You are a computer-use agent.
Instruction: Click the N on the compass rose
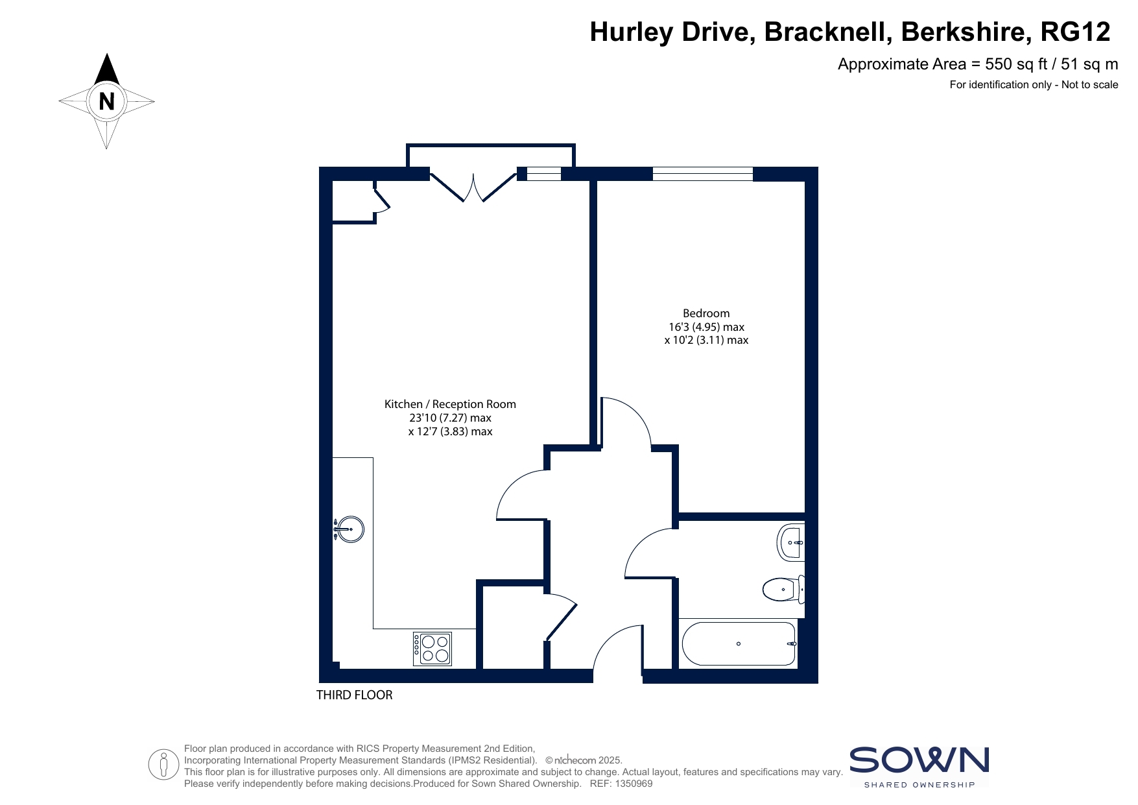pos(106,101)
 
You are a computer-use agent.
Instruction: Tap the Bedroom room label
pos(706,313)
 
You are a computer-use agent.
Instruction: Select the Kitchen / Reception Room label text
pos(450,404)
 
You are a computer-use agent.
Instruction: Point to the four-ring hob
pos(433,649)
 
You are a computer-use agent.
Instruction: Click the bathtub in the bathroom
pos(739,643)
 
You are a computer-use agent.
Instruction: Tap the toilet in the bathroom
pos(783,590)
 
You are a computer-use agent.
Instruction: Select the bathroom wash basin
pos(790,542)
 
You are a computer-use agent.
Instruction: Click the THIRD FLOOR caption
pos(354,695)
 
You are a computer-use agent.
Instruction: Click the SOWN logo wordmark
pos(919,760)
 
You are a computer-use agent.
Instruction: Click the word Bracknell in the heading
pos(827,32)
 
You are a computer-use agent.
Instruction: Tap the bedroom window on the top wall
pos(703,174)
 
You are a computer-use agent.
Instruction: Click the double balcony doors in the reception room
pos(473,187)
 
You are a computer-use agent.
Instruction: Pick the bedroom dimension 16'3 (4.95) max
pos(706,327)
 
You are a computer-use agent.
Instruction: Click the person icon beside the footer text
pos(163,765)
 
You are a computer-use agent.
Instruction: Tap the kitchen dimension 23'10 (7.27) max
pos(450,418)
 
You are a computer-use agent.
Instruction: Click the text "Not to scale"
pos(1089,84)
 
